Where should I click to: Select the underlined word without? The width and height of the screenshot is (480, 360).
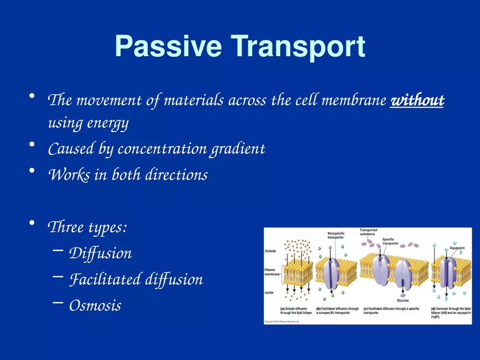click(x=417, y=100)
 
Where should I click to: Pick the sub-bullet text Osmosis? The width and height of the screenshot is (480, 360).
click(x=95, y=305)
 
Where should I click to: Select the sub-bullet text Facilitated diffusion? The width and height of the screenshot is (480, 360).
click(x=136, y=279)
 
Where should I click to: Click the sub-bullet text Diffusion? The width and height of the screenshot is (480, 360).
click(x=100, y=254)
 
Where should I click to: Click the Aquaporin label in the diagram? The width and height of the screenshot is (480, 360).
click(x=457, y=249)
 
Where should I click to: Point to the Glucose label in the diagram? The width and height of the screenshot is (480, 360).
click(x=403, y=301)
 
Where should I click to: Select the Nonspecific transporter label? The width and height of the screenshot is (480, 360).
click(x=335, y=236)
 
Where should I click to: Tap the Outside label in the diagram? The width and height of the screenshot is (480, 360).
click(x=270, y=251)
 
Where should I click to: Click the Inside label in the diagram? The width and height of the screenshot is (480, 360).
click(x=269, y=293)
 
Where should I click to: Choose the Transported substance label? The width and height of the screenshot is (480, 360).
click(x=368, y=232)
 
